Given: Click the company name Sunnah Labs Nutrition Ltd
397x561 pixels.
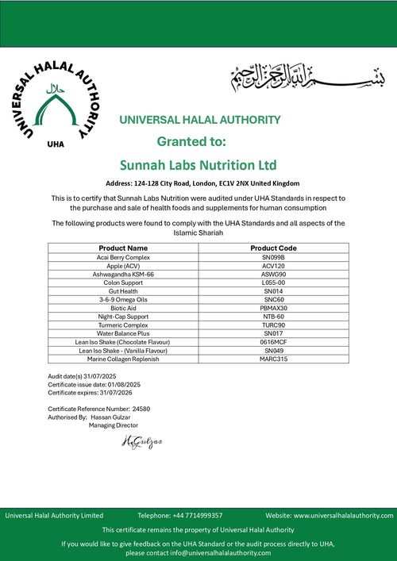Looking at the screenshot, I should coord(198,165).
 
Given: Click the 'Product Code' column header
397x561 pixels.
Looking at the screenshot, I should coord(273,248).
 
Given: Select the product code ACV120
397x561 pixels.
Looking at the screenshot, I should coord(273,266).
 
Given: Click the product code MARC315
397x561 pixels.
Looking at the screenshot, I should coord(273,359).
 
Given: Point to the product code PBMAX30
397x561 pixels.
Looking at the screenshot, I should coord(273,308).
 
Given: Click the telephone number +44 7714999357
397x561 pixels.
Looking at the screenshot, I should coord(195,515).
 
